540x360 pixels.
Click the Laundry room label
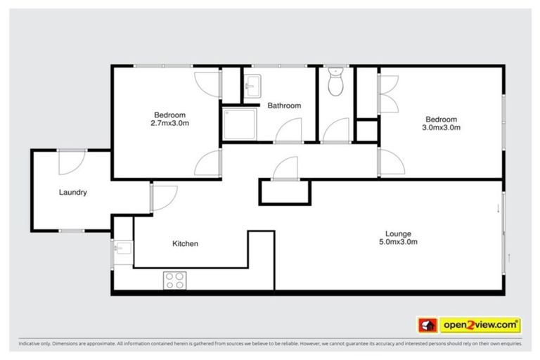[73, 192]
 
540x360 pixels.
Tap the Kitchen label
[186, 244]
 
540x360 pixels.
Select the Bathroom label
[284, 105]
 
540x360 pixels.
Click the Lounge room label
[398, 233]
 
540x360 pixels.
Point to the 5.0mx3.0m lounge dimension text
[398, 243]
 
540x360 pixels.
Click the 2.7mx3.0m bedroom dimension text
[170, 123]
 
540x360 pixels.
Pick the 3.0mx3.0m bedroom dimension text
[441, 128]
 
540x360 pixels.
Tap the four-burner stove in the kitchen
[175, 280]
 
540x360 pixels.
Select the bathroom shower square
[238, 124]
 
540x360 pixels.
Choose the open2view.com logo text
[481, 325]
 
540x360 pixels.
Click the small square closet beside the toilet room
[366, 131]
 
